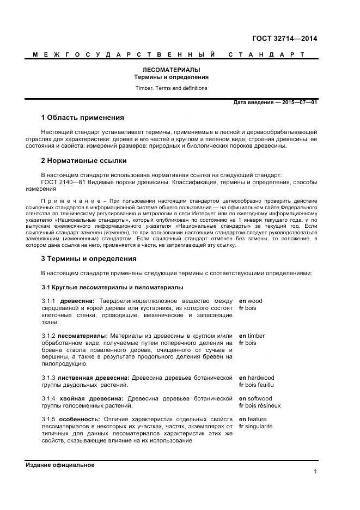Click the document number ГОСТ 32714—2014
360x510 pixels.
(x=284, y=39)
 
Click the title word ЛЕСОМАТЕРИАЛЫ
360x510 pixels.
(x=172, y=70)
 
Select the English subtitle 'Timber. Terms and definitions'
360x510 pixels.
(x=172, y=88)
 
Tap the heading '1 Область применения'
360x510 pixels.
(x=83, y=117)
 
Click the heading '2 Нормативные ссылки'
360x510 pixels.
(x=84, y=161)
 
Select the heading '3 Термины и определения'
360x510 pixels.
(x=89, y=258)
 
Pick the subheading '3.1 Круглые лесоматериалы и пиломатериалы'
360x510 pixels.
(x=113, y=287)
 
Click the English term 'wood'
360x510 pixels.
(x=254, y=301)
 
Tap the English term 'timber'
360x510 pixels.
(x=256, y=336)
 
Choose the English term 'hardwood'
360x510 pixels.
(x=261, y=378)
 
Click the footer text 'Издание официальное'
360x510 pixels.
(x=60, y=465)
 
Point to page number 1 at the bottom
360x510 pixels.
(x=315, y=472)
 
